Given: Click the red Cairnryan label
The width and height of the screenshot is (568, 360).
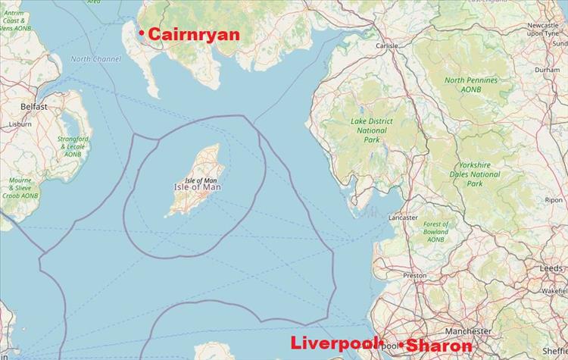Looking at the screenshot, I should pos(194,35).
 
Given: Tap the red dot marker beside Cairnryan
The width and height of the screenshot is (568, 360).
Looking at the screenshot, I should pos(142,33).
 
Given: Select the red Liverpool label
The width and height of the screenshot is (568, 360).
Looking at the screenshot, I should pos(334,343).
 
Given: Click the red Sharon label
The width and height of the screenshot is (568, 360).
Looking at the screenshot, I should pos(440,346).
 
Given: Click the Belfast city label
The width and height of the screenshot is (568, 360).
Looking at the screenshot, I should pos(34,107).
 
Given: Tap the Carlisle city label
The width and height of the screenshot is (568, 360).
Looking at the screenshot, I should pos(387,45).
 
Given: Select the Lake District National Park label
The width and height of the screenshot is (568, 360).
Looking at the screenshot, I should pos(371,130).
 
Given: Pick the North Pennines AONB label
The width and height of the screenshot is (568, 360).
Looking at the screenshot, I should pos(471,85).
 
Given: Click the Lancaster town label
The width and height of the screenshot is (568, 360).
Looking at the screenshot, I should pos(403,218).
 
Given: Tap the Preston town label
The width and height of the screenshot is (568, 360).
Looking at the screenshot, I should pos(415,275).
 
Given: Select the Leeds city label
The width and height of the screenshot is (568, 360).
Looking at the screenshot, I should pos(551,268).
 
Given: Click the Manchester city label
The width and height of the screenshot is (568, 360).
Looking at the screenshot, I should pos(468,331).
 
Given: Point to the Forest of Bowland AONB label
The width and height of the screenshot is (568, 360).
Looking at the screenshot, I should pos(435,232).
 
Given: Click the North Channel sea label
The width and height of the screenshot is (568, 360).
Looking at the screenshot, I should pos(96,59).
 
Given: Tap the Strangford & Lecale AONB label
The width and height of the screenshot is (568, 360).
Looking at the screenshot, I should pos(73,146).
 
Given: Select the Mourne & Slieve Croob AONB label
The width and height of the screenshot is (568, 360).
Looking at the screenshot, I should pos(20,188).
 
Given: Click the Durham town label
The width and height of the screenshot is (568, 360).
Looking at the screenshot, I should pos(547,69).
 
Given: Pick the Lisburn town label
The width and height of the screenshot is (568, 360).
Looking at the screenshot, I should pos(20,124).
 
